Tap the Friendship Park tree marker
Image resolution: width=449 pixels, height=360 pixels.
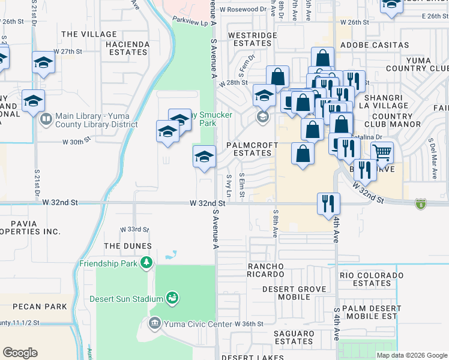145,263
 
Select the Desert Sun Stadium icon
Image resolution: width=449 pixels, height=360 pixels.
172,298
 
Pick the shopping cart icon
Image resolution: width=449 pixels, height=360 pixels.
382,152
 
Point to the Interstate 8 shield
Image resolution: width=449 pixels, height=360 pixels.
421,205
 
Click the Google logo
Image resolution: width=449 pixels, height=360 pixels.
20,353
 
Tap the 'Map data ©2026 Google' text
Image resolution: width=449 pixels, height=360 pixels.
411,355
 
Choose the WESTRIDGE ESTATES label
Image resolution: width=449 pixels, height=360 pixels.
252,39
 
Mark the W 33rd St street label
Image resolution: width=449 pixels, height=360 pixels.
134,229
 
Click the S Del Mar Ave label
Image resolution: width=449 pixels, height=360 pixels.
433,160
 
